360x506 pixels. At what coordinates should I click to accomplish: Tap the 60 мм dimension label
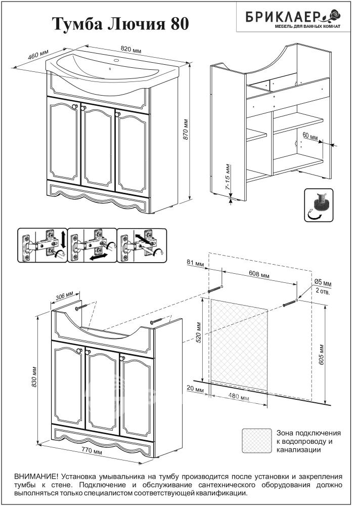(310, 137)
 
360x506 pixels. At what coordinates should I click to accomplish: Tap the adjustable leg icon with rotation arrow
(319, 206)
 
